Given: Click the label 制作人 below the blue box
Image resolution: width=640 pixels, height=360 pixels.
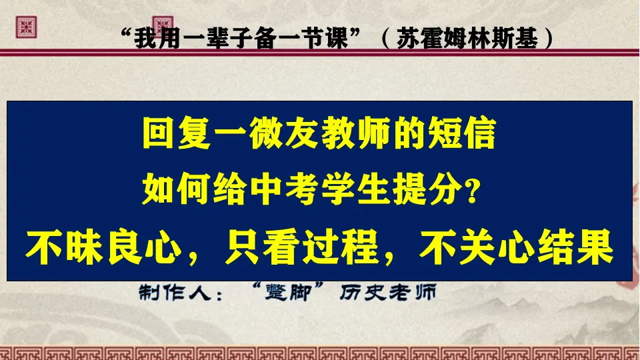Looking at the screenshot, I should (171, 293).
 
